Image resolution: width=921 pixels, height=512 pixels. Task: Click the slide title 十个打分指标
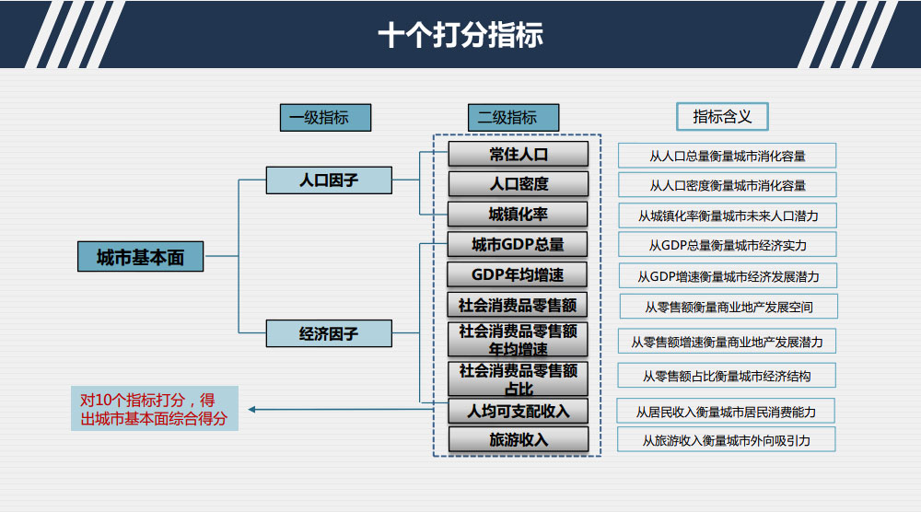pos(460,35)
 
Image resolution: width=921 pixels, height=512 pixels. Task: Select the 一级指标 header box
pos(325,118)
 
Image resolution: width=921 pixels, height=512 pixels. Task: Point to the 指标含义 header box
pos(722,117)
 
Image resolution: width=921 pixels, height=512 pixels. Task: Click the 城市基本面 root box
pos(140,258)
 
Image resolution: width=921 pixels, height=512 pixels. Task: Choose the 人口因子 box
pos(329,180)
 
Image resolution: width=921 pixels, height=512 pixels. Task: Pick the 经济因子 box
pos(329,333)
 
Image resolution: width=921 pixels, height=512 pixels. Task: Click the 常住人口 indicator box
pos(519,154)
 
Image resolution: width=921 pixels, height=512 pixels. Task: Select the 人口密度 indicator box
pos(519,184)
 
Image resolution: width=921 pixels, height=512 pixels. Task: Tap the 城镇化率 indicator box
pos(519,215)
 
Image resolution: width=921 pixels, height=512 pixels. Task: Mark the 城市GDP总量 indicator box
pos(518,245)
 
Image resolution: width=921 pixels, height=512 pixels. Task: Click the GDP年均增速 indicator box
pos(518,275)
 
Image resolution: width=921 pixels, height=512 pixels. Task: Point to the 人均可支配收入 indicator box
pos(519,411)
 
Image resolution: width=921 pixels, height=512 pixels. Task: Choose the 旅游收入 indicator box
pos(519,439)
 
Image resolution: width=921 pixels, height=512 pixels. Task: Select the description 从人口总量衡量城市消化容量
pos(728,156)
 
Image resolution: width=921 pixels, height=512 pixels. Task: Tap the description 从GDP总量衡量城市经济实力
pos(728,245)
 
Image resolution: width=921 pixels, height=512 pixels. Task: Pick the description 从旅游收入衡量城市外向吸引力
pos(728,440)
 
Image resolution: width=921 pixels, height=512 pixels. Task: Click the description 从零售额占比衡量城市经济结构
pos(728,376)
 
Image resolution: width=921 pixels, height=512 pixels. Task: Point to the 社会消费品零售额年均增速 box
pos(519,340)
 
